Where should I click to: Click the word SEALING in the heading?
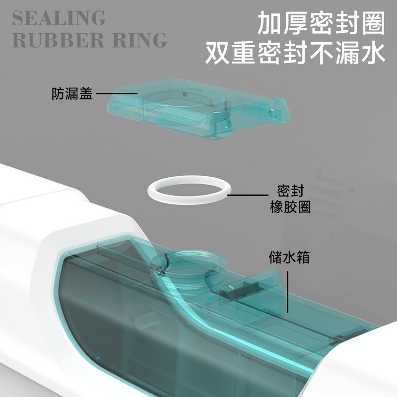[x=59, y=18]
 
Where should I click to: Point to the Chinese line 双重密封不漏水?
[x=296, y=53]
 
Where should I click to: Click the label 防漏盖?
[x=72, y=94]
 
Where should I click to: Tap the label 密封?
[x=290, y=191]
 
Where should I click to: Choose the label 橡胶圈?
[x=290, y=207]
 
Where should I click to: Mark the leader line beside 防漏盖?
[x=117, y=93]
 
